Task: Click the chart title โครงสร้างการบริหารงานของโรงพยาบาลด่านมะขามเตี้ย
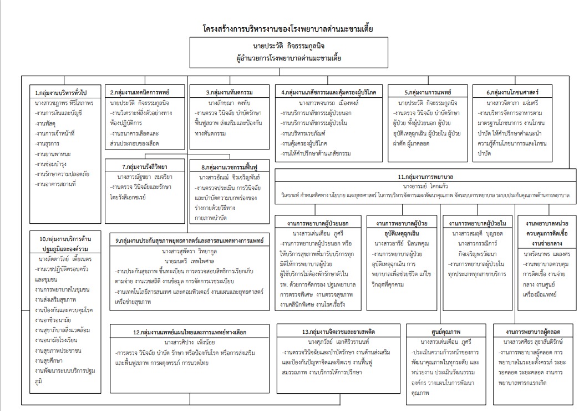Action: (288, 28)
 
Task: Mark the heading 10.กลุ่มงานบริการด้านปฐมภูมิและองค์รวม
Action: (65, 244)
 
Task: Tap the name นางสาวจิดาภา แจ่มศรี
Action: (512, 103)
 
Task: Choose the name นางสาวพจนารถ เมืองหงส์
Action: (329, 103)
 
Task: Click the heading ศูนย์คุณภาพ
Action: (441, 332)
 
